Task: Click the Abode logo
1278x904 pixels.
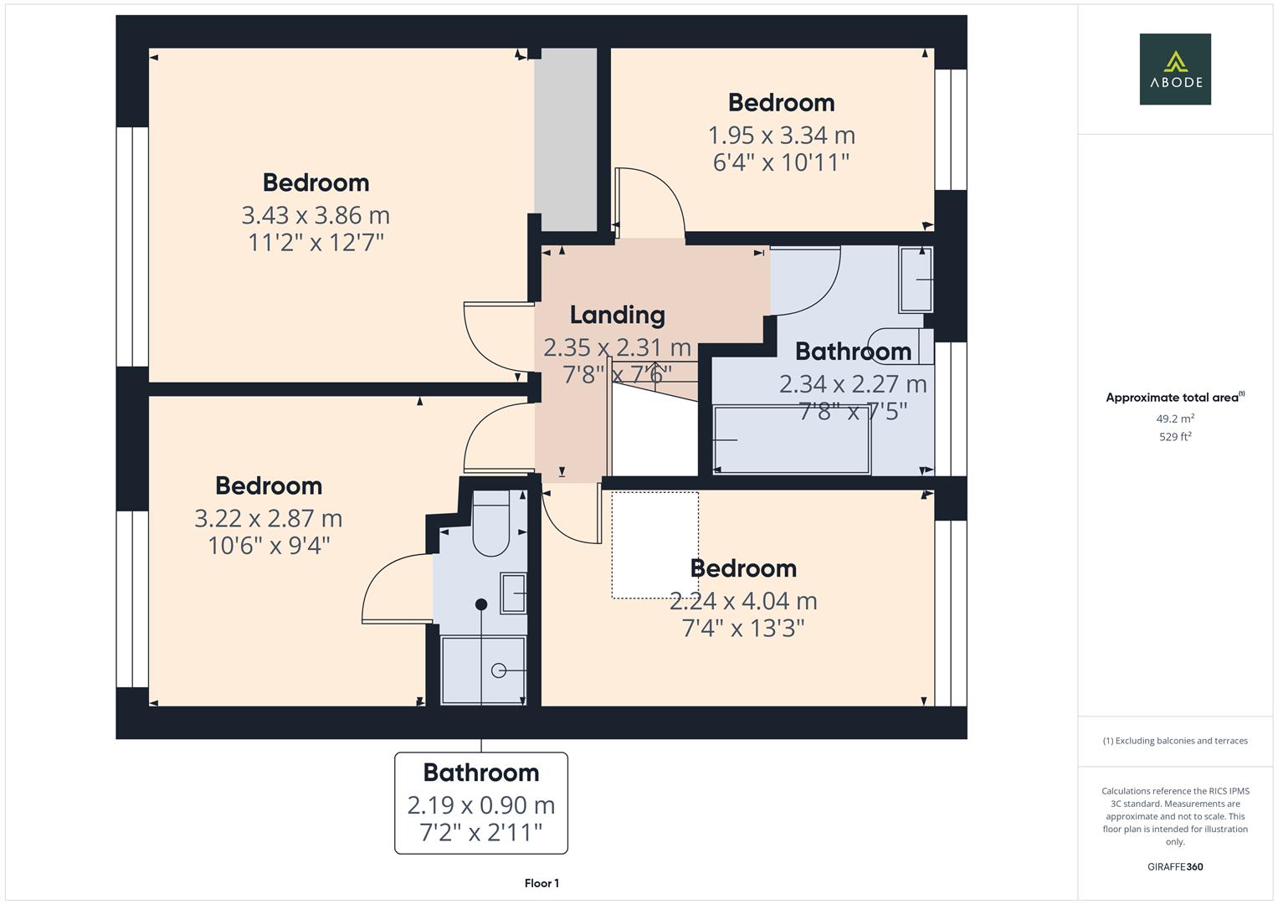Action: click(1174, 69)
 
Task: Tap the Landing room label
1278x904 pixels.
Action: click(617, 315)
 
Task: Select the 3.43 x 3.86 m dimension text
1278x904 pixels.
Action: click(316, 215)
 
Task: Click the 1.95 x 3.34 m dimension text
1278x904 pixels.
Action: click(781, 135)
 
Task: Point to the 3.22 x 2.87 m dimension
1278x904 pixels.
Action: click(268, 518)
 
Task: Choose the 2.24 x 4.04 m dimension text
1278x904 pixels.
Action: click(743, 600)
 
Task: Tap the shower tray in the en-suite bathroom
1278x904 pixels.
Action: click(483, 670)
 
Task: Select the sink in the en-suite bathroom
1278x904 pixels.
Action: click(513, 593)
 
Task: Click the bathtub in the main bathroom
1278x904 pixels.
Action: click(791, 439)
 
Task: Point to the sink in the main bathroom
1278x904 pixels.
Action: click(916, 280)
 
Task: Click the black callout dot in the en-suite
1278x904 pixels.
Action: click(481, 604)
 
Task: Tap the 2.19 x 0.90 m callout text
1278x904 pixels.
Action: click(480, 804)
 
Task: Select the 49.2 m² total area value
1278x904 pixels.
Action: click(1174, 419)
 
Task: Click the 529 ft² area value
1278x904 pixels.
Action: click(1174, 437)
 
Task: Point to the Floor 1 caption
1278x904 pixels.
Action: click(541, 883)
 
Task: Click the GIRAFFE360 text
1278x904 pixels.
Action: click(1174, 866)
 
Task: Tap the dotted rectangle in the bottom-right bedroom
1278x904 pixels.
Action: click(654, 545)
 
